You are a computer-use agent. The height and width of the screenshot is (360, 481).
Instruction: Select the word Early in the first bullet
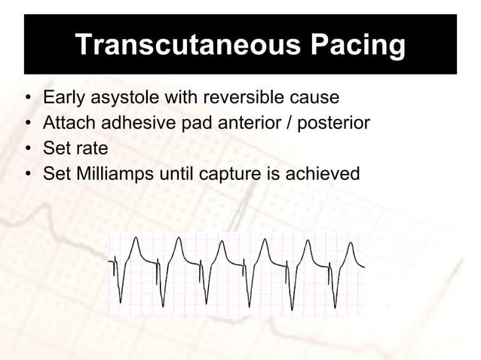(63, 98)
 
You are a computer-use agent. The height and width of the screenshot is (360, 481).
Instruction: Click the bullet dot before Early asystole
(28, 99)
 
